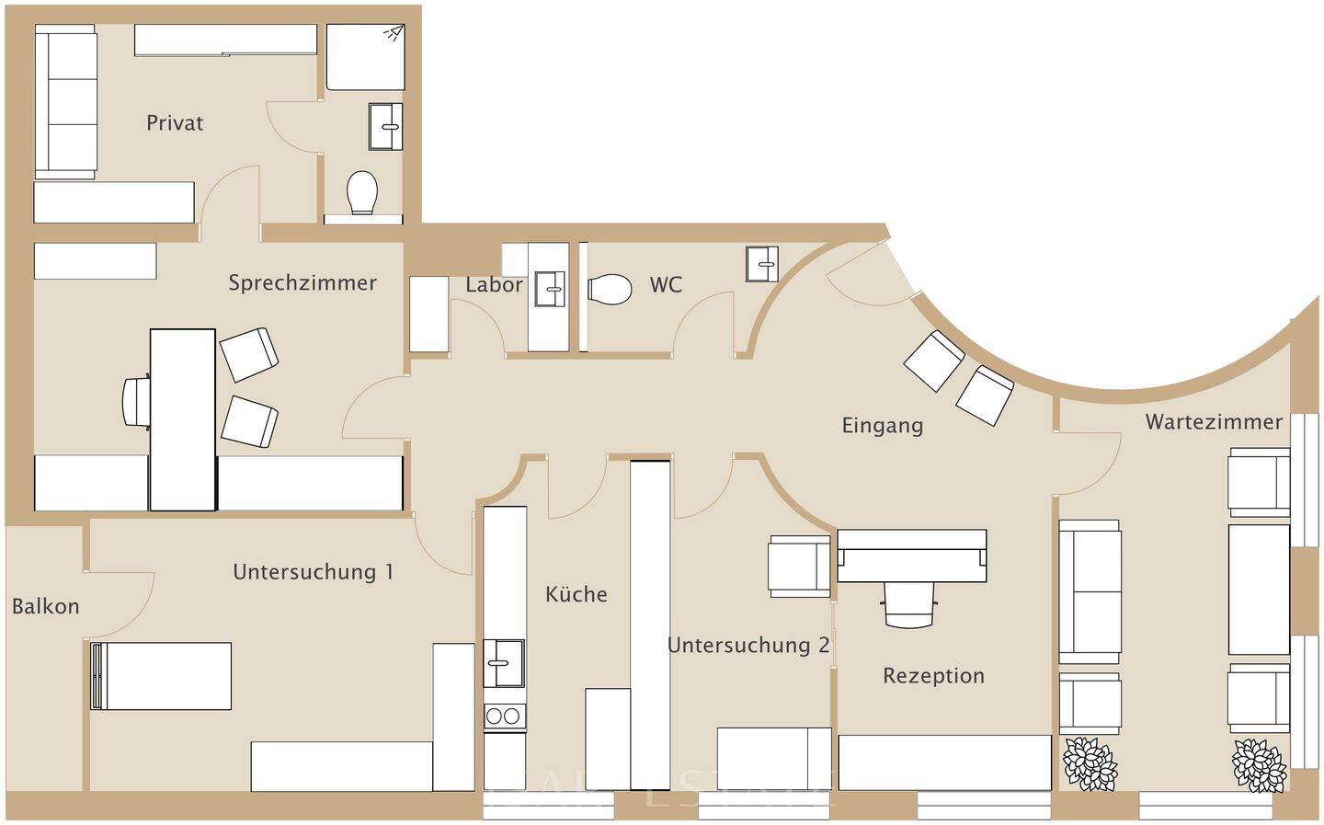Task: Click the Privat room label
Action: tap(175, 122)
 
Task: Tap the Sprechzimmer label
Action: tap(302, 282)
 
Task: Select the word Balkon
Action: tap(46, 606)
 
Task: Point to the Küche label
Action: tap(576, 594)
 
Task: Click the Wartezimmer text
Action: tap(1214, 422)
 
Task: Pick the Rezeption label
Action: tap(933, 676)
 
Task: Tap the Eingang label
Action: tap(883, 426)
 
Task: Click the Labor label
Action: tap(494, 285)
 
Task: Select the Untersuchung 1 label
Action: tap(314, 572)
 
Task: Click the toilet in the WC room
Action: tap(611, 289)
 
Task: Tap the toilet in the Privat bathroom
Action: tap(362, 192)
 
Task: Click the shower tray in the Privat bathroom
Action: tap(366, 57)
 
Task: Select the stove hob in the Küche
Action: tap(505, 716)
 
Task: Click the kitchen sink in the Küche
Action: tap(504, 662)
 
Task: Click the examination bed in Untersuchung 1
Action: tap(162, 676)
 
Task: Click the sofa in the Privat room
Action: tap(66, 101)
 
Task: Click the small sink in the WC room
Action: tap(761, 264)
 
